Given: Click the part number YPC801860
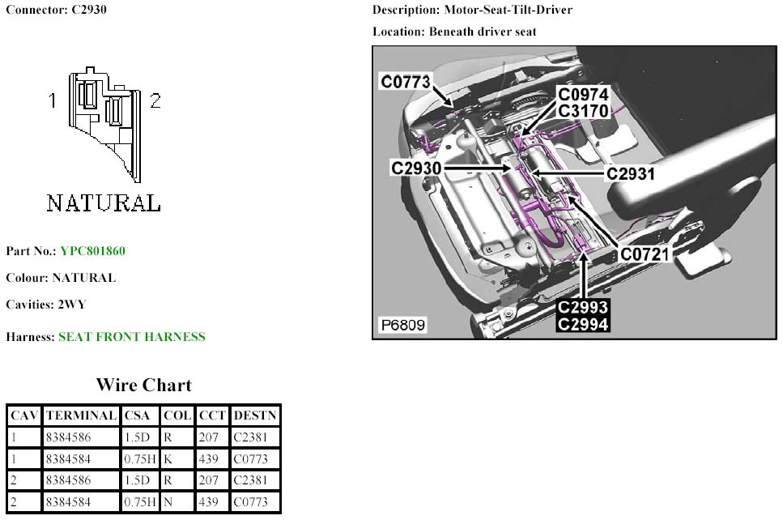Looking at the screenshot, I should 92,251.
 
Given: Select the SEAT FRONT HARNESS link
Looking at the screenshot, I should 131,337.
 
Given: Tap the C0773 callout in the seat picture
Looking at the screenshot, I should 406,82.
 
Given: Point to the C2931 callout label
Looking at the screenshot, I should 629,173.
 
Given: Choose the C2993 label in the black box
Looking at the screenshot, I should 582,309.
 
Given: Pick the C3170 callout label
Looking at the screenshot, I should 582,110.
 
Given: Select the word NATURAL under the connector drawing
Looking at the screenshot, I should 103,202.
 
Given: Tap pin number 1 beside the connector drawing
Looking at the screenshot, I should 52,100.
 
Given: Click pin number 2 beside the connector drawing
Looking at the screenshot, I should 155,100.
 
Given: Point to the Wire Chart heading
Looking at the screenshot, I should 143,385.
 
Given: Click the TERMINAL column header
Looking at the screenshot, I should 81,416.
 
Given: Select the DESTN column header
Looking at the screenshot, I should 255,416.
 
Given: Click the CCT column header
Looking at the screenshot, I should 211,416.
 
